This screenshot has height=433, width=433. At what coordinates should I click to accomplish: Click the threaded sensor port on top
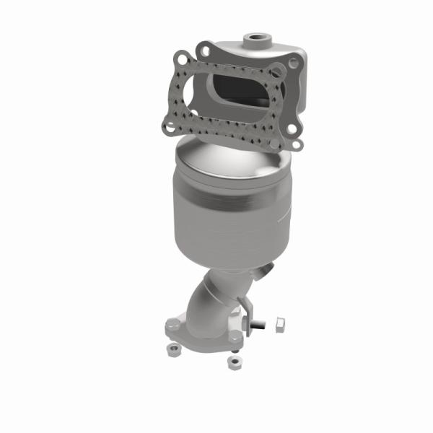tap(255, 37)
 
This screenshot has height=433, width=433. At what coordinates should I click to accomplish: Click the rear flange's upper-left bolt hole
tap(205, 50)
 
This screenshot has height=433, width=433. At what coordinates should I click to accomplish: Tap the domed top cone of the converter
tap(227, 162)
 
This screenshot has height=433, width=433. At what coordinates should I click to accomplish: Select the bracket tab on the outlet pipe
tap(250, 307)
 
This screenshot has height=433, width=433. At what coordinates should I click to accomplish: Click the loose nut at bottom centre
tap(233, 362)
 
